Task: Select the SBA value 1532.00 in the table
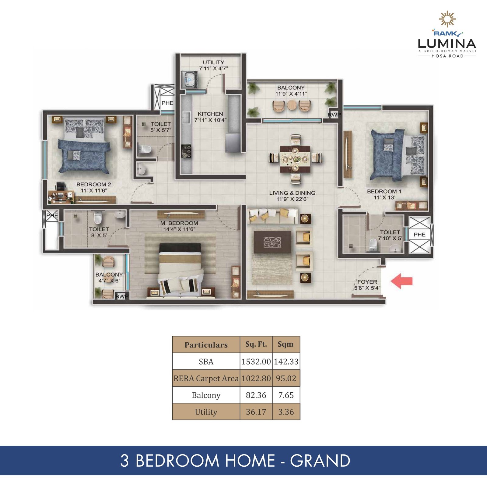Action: point(256,362)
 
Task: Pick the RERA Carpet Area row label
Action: point(206,378)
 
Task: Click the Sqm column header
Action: point(286,344)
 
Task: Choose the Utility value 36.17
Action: point(256,412)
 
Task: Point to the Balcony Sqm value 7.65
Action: point(286,395)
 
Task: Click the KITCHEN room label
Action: point(210,114)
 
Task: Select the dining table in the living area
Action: point(295,159)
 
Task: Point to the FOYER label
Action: point(367,282)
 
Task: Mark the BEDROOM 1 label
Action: point(384,191)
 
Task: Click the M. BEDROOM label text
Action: point(179,223)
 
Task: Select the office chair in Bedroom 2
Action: point(61,186)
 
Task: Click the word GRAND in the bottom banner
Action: point(320,461)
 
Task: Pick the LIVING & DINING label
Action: point(292,193)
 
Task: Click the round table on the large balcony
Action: point(292,105)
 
